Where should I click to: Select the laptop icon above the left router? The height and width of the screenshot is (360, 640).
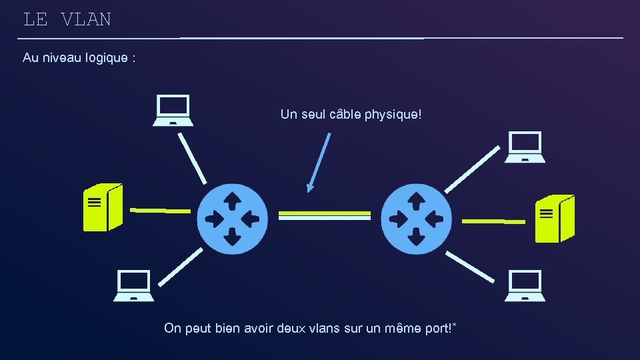173,110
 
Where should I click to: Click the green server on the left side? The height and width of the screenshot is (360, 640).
103,207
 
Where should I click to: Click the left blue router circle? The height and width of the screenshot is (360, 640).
232,219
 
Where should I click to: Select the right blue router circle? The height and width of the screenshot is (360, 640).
417,219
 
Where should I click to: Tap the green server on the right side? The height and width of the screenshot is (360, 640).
555,219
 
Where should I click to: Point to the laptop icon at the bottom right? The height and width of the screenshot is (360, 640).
525,285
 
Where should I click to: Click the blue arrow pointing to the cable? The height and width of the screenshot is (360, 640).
319,163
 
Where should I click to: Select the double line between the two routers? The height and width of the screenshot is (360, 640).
324,215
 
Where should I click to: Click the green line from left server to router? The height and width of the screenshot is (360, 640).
160,211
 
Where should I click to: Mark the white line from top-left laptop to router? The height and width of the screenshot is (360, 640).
192,158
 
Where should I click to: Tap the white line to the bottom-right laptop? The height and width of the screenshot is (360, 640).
471,267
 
